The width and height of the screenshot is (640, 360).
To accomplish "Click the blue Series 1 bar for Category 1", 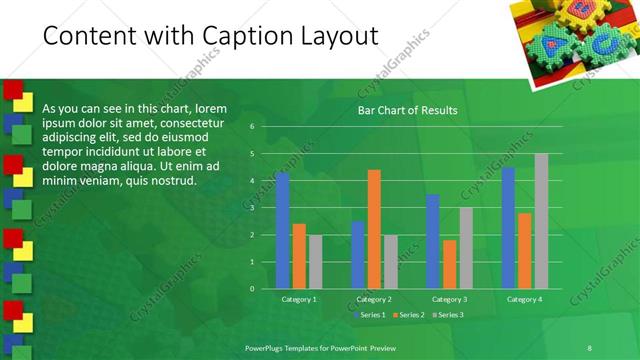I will pos(283,230).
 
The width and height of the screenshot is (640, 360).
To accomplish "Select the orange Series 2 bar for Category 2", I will pos(374,229).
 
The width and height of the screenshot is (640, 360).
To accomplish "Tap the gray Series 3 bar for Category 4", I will pos(541,221).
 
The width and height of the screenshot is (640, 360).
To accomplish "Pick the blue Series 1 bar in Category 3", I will pos(433,241).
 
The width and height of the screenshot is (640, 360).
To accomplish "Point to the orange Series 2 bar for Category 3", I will pos(449,264).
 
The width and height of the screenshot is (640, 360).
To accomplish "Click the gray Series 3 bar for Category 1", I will pos(315,261).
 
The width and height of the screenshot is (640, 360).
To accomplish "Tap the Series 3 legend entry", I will pos(448,315).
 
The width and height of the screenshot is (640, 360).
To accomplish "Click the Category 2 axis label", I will pos(374,299).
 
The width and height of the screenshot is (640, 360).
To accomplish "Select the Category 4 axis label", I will pos(524,299).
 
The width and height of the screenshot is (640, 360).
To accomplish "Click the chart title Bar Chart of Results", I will pos(408,110).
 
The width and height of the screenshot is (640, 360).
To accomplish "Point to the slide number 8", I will pos(589,346).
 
